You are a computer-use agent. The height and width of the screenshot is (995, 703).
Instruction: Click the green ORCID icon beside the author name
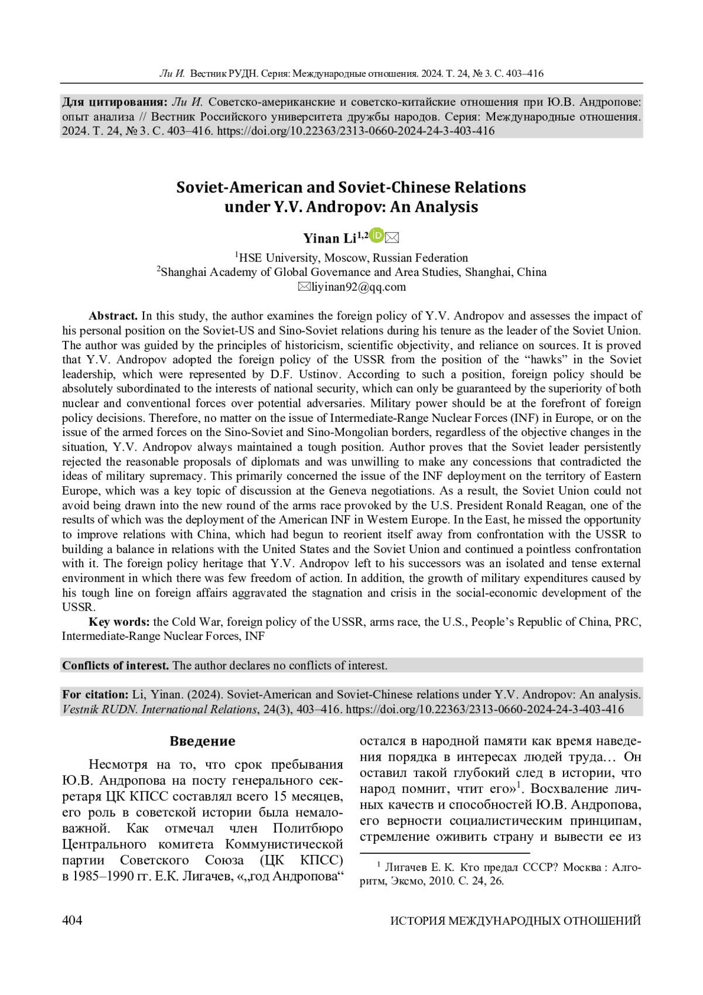tap(377, 236)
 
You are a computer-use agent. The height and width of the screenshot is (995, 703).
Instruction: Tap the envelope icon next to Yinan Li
tap(393, 237)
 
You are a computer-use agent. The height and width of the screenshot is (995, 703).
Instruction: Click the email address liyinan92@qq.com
tap(359, 287)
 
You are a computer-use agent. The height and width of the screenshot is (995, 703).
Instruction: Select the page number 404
tap(72, 920)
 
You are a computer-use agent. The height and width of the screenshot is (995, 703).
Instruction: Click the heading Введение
tap(203, 741)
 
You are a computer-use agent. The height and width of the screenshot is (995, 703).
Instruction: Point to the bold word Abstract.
tap(113, 316)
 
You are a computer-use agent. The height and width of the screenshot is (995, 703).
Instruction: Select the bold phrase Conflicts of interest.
tap(115, 666)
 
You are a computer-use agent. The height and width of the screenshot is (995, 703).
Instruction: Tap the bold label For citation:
tap(95, 694)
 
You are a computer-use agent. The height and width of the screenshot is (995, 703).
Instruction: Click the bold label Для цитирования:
tap(115, 102)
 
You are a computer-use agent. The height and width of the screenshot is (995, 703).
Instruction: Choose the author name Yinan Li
tap(329, 238)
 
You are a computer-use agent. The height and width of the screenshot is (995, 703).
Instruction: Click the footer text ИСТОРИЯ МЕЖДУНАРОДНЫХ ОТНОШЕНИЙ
tap(516, 921)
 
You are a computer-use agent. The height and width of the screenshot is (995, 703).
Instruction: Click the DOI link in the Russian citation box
tap(356, 131)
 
